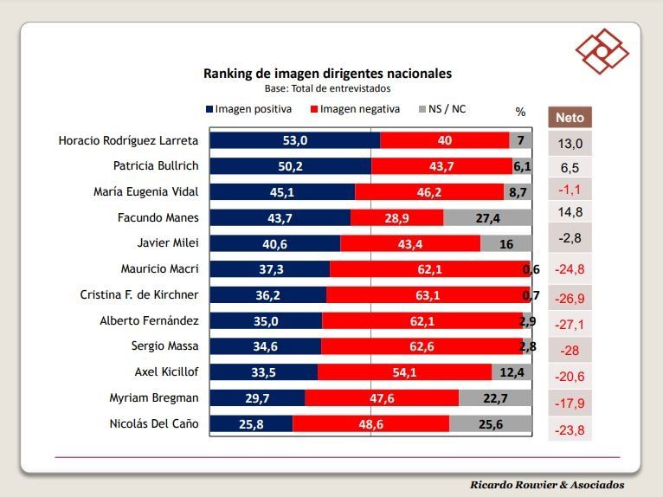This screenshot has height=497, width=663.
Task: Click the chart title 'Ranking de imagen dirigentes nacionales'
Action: tap(327, 74)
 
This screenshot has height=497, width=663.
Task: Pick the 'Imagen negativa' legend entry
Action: tap(360, 109)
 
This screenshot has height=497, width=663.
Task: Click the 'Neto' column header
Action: tap(570, 117)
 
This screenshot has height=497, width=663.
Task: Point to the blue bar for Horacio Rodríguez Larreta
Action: tap(295, 140)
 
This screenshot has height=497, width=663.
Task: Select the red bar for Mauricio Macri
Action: tap(430, 269)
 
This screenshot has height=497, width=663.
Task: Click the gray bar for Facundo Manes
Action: tap(487, 218)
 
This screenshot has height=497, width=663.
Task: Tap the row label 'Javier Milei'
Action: tap(168, 243)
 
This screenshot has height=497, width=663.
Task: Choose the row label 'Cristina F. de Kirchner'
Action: tap(139, 295)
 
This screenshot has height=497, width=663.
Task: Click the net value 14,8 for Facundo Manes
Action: tap(570, 211)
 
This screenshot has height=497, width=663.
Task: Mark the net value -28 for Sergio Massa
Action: tap(570, 350)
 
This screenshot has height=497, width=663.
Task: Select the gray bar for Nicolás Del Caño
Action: tap(490, 424)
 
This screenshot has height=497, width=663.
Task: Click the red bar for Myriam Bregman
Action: tap(382, 398)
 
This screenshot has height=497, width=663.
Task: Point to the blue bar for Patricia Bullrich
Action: tap(291, 166)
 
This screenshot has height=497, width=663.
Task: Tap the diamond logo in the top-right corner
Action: tap(601, 50)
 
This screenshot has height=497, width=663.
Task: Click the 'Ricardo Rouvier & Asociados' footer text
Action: tap(547, 485)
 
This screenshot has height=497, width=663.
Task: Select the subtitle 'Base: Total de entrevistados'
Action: tap(327, 88)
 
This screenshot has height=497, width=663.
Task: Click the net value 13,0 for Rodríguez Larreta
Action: tap(570, 144)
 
